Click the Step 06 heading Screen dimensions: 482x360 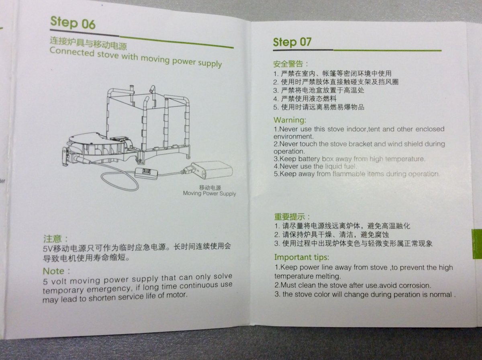tap(73, 22)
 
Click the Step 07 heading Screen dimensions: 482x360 tap(292, 42)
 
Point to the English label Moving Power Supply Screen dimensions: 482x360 tap(210, 194)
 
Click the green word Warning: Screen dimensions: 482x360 tap(290, 120)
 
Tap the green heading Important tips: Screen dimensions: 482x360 tap(302, 258)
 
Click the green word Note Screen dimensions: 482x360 tap(53, 271)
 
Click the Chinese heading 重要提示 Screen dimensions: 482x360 tap(290, 217)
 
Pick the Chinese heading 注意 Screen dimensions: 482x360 tap(53, 239)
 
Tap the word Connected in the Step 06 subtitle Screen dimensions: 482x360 tap(71, 52)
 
